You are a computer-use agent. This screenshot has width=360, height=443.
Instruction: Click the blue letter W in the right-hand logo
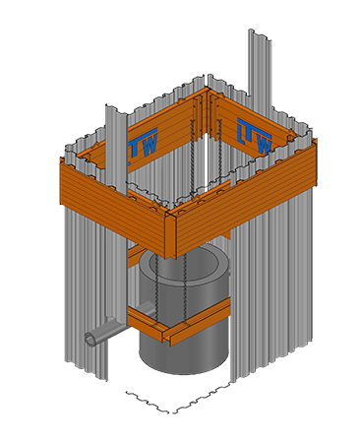264,145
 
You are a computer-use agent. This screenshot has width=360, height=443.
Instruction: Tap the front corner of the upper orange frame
170,214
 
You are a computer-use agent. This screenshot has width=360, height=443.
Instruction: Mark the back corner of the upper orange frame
208,90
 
